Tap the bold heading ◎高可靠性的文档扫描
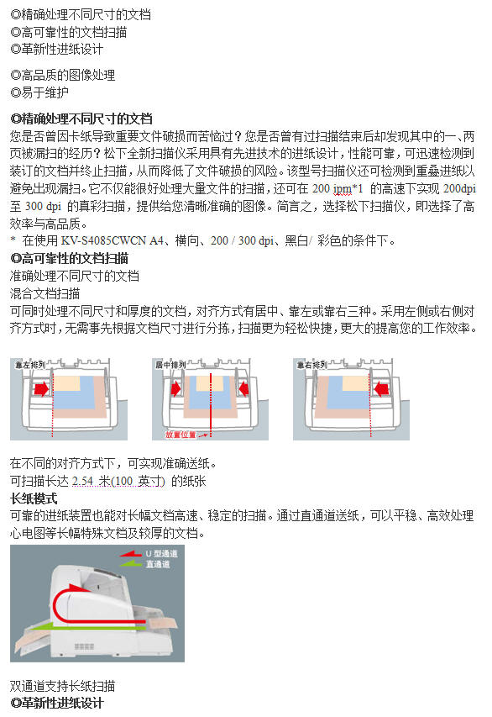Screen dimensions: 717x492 pos(69,258)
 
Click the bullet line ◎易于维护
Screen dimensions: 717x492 pos(39,92)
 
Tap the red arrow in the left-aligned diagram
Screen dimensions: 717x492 pos(40,389)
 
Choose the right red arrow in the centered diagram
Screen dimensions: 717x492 pos(243,389)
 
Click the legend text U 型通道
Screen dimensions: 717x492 pos(162,555)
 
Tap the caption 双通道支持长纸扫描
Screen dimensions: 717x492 pos(63,686)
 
